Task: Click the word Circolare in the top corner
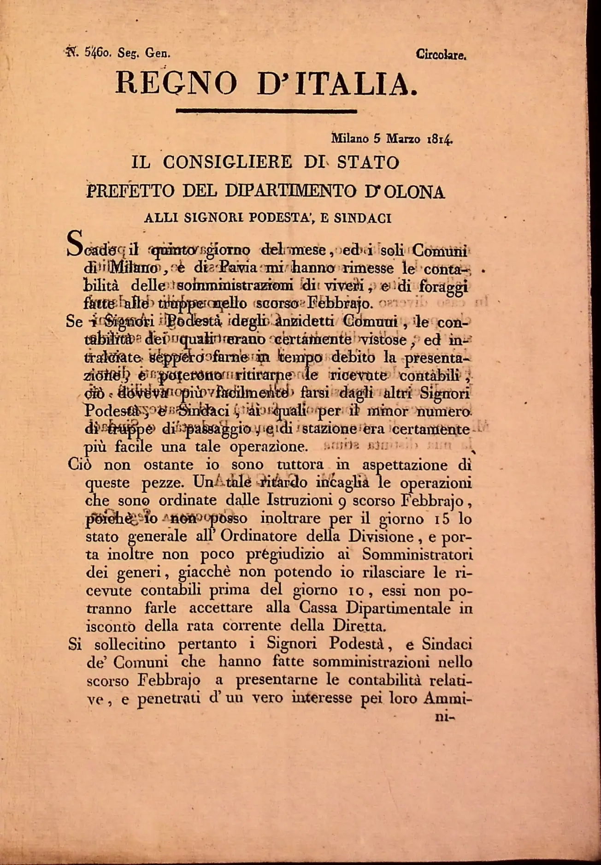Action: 441,55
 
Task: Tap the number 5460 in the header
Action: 97,53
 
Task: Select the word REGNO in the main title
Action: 176,83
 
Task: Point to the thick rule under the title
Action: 266,111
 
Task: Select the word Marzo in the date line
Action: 403,138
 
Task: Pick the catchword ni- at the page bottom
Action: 445,717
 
